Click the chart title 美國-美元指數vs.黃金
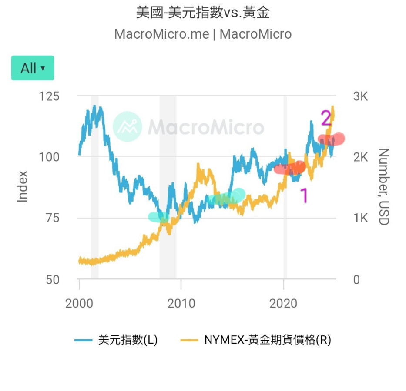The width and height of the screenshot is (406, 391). click(203, 13)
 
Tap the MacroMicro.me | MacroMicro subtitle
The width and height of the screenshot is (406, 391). click(203, 34)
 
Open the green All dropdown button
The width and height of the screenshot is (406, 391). click(33, 68)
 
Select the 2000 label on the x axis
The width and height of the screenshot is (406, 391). click(79, 303)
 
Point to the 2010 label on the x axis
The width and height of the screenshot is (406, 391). click(181, 303)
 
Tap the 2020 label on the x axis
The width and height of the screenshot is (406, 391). click(283, 303)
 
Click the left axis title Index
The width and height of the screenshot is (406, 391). click(23, 186)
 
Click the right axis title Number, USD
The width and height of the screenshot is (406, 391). click(383, 187)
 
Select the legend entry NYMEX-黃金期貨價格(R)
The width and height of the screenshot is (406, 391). click(256, 340)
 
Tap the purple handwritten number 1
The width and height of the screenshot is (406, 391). click(305, 195)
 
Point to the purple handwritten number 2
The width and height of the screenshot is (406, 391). click(326, 118)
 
